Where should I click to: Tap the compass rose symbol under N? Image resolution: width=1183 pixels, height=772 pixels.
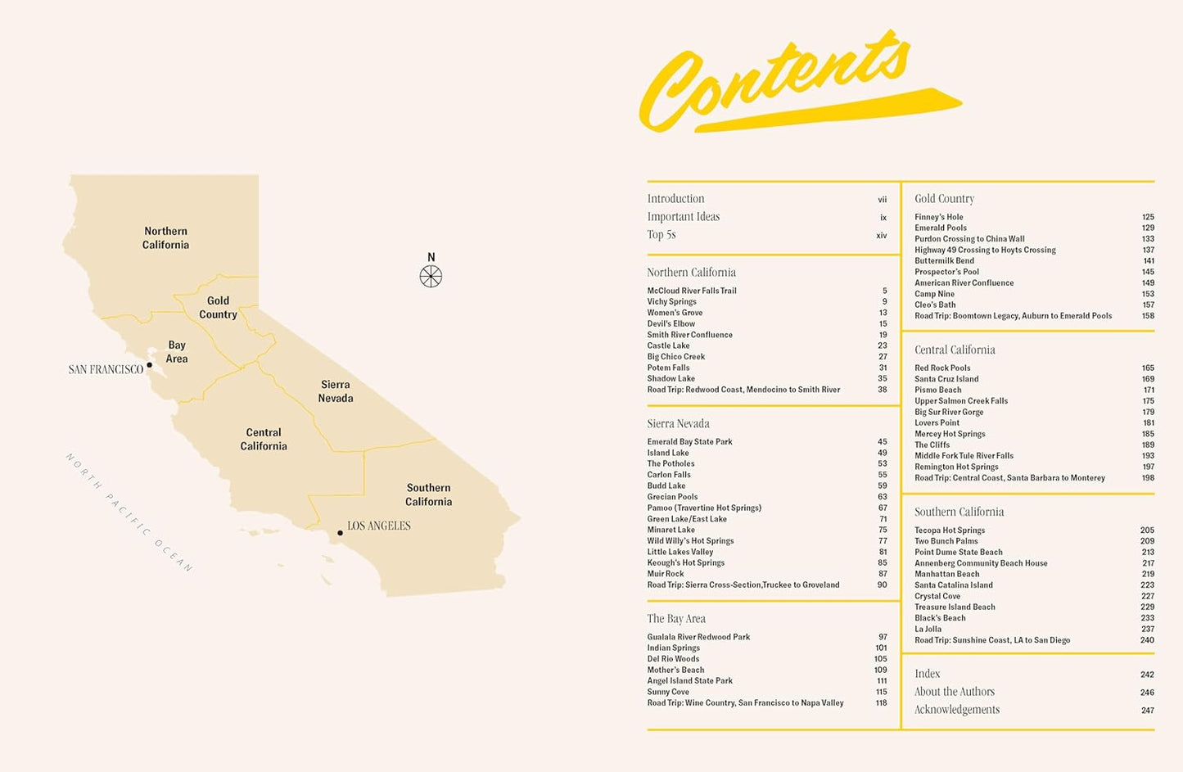[431, 277]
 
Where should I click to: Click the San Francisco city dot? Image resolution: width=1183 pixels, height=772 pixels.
[149, 365]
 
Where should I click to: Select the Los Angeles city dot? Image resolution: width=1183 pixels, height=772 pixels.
[341, 533]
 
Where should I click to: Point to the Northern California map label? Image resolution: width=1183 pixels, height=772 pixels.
[165, 238]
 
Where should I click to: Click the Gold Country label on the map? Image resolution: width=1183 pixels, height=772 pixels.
[218, 308]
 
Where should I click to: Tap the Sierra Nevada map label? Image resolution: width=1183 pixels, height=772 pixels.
[336, 391]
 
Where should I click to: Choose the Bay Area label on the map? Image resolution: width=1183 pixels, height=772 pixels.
[177, 352]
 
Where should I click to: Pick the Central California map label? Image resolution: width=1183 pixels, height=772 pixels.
[264, 440]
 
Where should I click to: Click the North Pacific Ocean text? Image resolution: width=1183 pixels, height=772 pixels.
[129, 512]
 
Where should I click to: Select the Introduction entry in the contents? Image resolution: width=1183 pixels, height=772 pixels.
[675, 199]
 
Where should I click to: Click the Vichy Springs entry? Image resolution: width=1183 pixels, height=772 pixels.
[671, 302]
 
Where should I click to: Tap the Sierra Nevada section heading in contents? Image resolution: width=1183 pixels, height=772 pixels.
[678, 424]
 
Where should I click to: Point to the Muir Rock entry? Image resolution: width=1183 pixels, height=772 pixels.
[665, 574]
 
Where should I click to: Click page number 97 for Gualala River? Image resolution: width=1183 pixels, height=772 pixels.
[883, 637]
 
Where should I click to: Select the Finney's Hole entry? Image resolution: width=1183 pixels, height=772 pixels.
[938, 218]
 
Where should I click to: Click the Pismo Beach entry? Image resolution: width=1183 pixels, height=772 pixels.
[937, 391]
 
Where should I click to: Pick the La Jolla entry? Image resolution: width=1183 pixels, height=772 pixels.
[928, 630]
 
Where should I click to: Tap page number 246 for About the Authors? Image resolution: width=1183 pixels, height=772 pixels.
[1147, 693]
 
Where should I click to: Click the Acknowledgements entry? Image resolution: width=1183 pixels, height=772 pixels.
[956, 710]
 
